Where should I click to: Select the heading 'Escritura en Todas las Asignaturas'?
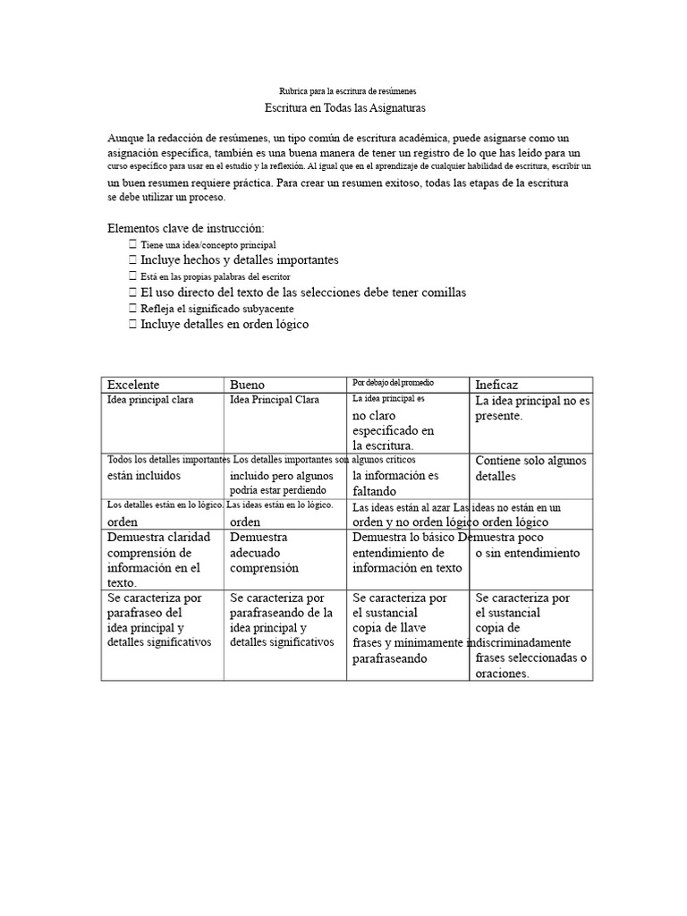[x=345, y=108]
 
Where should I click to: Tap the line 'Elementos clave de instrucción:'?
[x=186, y=228]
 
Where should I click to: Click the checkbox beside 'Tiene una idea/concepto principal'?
[x=132, y=244]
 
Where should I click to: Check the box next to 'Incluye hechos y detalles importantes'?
[x=132, y=259]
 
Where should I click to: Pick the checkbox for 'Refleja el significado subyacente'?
[x=132, y=308]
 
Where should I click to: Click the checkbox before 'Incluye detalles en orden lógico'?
[x=132, y=324]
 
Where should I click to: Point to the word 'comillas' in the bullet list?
[x=444, y=292]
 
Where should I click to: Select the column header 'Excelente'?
[x=133, y=385]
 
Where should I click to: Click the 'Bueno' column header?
[x=248, y=385]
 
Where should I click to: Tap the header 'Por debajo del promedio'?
[x=394, y=383]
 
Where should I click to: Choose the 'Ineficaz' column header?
[x=497, y=385]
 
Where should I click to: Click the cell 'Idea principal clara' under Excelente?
[x=150, y=400]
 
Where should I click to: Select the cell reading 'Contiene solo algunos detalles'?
[x=530, y=468]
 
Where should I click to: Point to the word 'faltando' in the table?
[x=374, y=491]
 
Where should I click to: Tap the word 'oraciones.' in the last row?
[x=503, y=674]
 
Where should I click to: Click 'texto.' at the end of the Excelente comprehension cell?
[x=122, y=582]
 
